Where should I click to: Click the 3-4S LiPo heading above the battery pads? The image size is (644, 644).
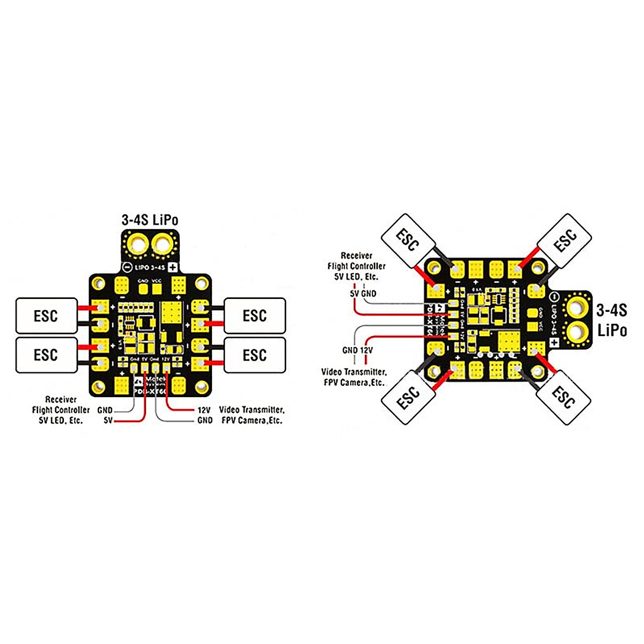coord(150,219)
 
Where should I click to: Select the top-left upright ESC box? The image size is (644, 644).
coord(46,316)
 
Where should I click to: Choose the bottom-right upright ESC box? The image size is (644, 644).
coord(254,355)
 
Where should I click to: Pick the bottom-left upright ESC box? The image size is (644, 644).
coord(46,355)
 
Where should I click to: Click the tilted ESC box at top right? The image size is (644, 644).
coord(564,240)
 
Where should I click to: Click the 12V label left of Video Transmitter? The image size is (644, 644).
coord(204,410)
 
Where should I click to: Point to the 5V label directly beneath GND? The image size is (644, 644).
coord(108,421)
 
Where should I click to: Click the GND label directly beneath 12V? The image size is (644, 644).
coord(205,421)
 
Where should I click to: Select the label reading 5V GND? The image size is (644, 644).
coord(363,294)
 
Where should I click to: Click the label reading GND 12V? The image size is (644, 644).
coord(357,350)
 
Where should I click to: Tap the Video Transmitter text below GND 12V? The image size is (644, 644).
coord(354,371)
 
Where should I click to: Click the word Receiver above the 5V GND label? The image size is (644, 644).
coord(356,256)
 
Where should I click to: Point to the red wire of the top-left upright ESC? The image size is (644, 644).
coord(86,308)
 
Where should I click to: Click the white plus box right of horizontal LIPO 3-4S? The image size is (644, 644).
coord(172,267)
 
